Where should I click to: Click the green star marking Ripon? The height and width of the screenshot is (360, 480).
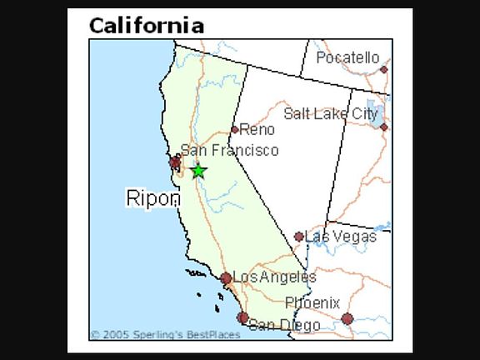(198, 171)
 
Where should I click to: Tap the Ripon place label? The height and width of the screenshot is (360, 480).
(152, 198)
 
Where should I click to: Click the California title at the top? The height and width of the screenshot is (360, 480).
(146, 25)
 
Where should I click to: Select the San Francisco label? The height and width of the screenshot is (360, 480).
(229, 151)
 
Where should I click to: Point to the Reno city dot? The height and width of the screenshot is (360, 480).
(235, 129)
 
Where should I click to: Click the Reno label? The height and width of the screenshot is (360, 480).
(257, 129)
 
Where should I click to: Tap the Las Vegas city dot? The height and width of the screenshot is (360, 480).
(299, 237)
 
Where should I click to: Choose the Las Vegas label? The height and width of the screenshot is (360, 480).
(341, 237)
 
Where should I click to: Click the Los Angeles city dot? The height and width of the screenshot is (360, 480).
(226, 278)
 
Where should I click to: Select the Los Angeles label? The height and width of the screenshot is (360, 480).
(274, 277)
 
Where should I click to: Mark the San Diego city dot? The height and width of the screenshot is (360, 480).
(242, 317)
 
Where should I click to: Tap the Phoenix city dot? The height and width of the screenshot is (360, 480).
(347, 317)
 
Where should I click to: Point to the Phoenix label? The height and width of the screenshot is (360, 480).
(312, 302)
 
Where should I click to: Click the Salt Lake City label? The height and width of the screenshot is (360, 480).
(330, 114)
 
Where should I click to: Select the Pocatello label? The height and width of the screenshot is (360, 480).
(347, 58)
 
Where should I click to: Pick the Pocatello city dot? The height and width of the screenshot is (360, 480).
(383, 69)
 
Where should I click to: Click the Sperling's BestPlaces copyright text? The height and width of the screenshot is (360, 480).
(165, 335)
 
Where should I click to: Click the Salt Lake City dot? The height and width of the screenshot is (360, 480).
(383, 127)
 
